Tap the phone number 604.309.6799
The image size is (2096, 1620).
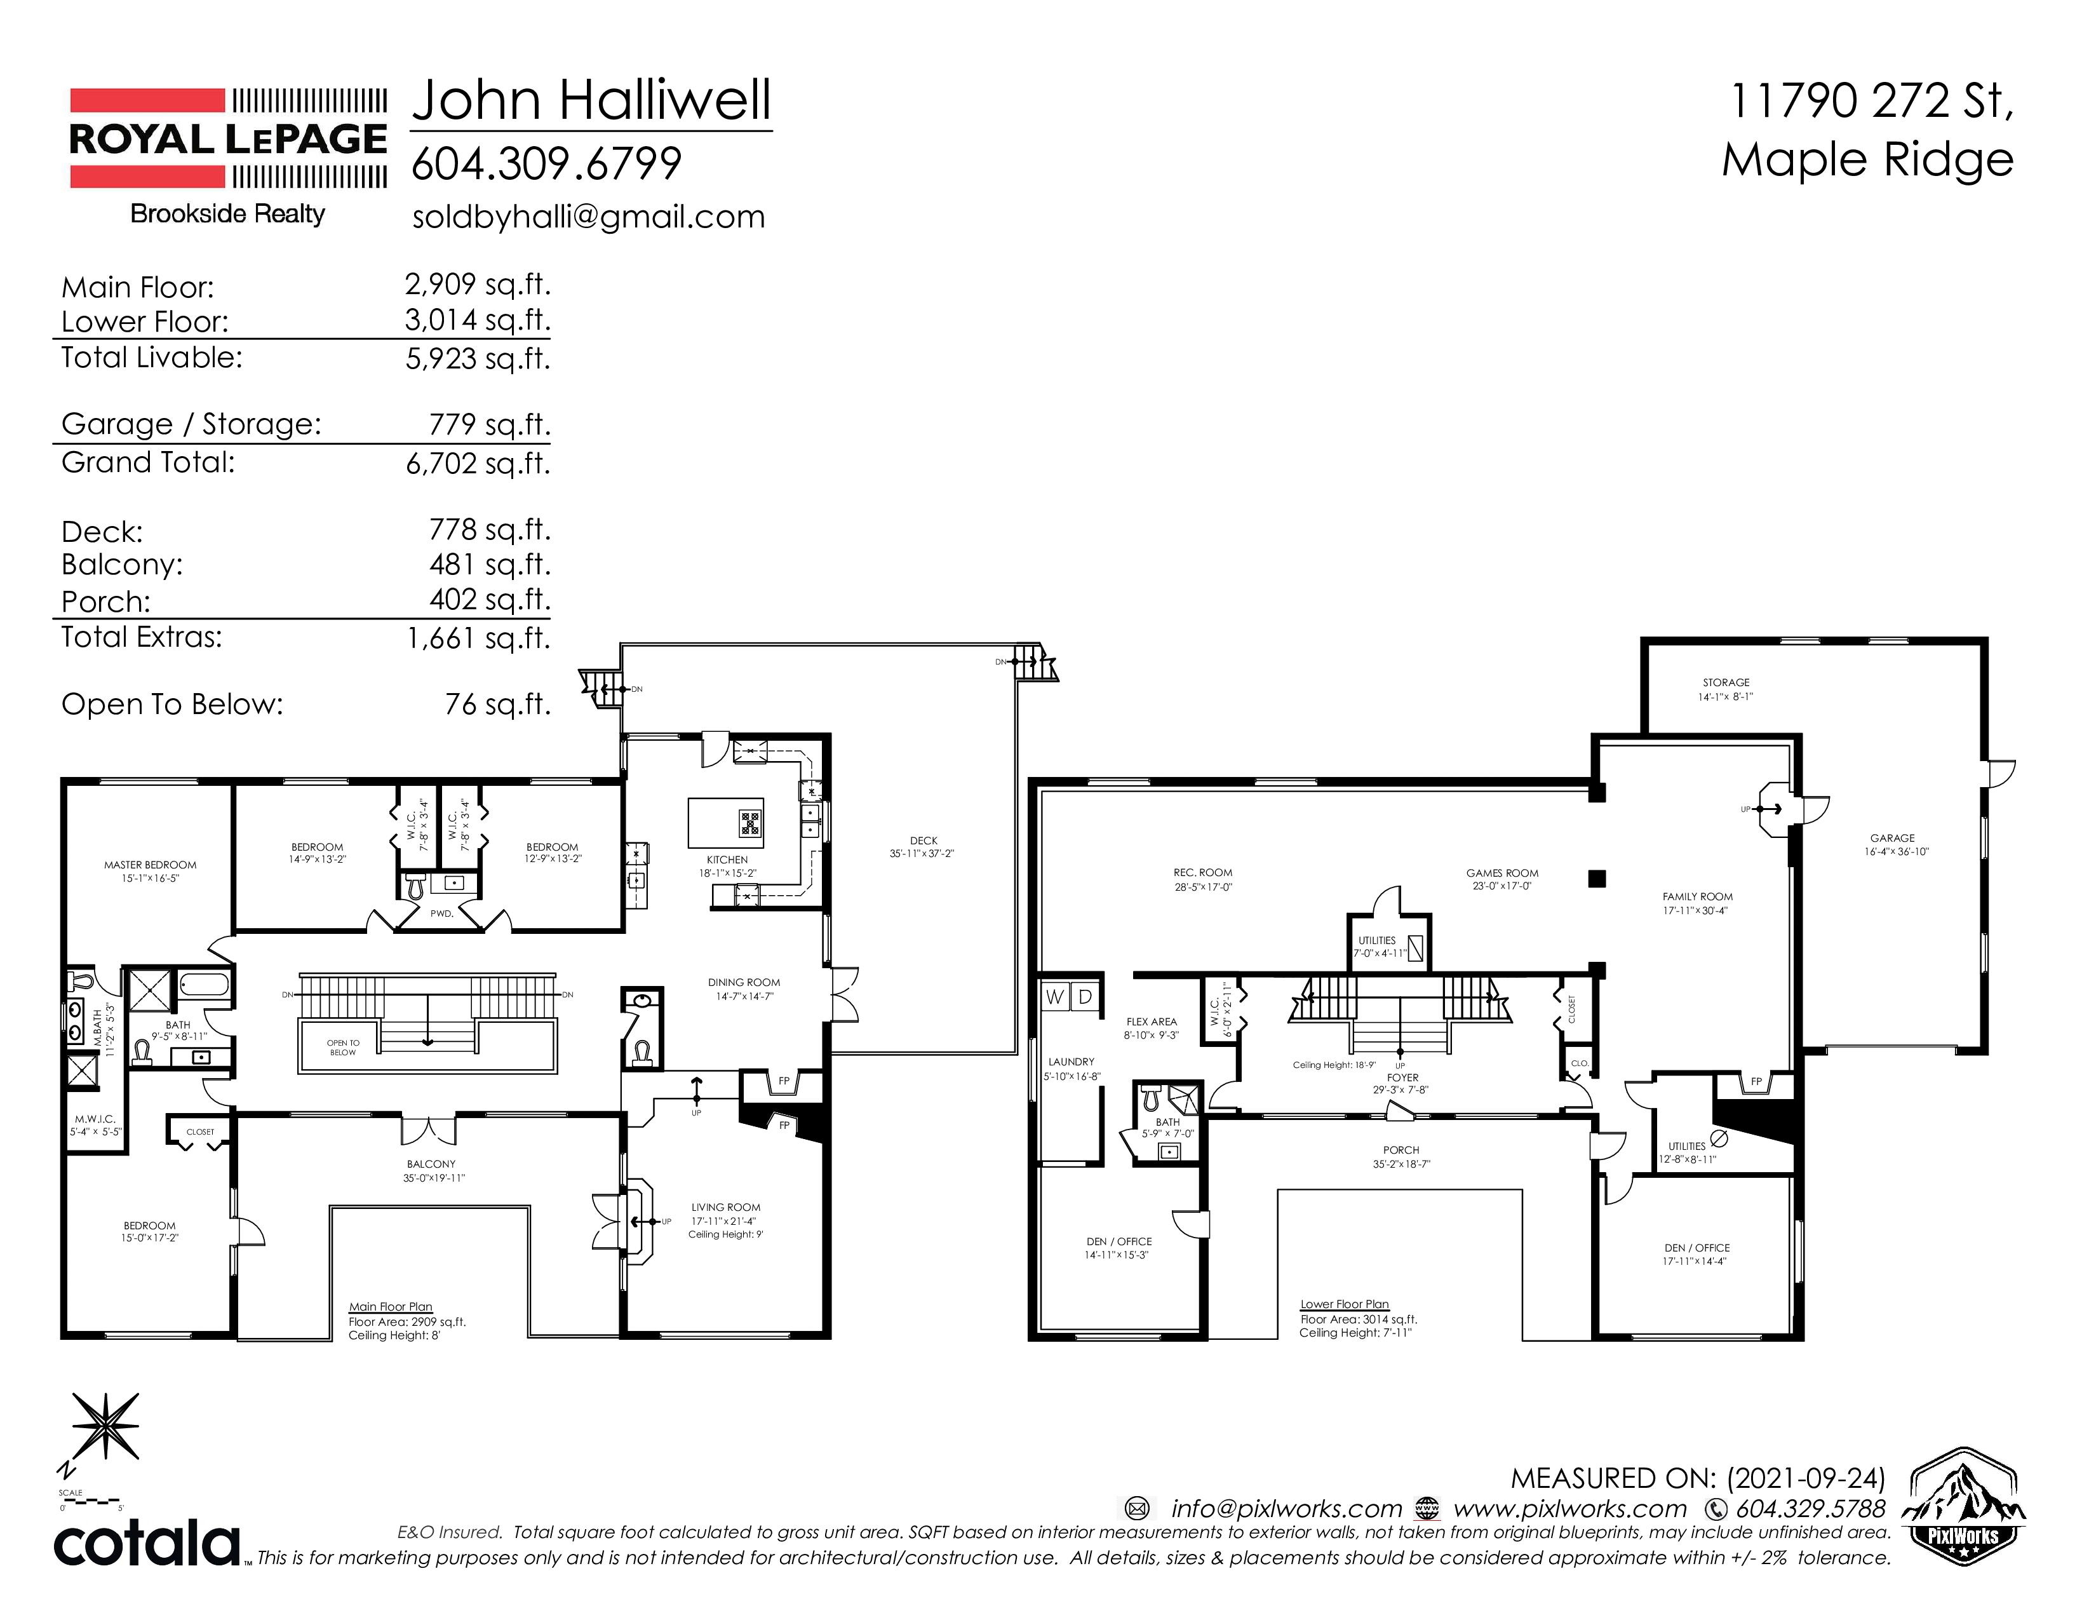546,163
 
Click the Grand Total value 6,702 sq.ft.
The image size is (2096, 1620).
478,464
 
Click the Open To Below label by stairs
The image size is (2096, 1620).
342,1047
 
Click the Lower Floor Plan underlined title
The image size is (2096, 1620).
1345,1304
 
